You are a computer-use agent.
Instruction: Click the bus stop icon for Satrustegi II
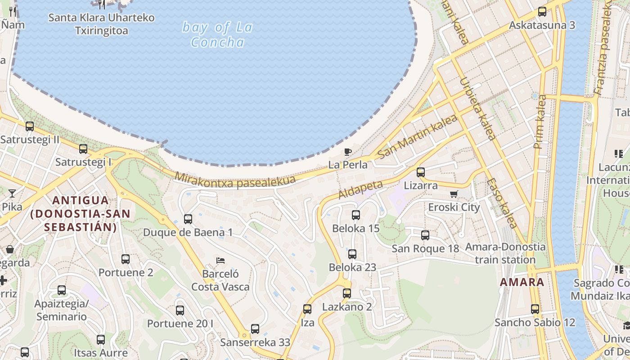click(x=30, y=126)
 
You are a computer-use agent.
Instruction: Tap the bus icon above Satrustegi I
click(x=83, y=149)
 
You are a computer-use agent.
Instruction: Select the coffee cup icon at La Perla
click(x=347, y=152)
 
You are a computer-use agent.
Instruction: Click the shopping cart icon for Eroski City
click(x=454, y=194)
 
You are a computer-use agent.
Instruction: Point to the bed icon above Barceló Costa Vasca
click(x=220, y=260)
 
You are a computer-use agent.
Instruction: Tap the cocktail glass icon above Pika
click(x=12, y=193)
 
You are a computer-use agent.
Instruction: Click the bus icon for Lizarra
click(x=421, y=172)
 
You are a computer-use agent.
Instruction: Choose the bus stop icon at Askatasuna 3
click(x=542, y=12)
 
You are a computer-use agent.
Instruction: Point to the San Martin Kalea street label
click(x=418, y=136)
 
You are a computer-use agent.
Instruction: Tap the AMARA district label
click(x=522, y=283)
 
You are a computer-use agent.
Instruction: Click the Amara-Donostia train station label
click(x=505, y=253)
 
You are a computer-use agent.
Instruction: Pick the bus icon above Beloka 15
click(x=356, y=215)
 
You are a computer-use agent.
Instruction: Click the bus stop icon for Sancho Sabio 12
click(x=535, y=309)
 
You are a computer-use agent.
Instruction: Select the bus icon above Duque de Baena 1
click(x=188, y=219)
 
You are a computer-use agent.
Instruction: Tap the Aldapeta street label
click(x=360, y=189)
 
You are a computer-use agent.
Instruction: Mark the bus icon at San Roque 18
click(x=425, y=235)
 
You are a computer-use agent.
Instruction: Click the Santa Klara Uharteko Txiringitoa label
click(x=101, y=24)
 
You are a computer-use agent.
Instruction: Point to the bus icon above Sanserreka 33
click(x=255, y=329)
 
